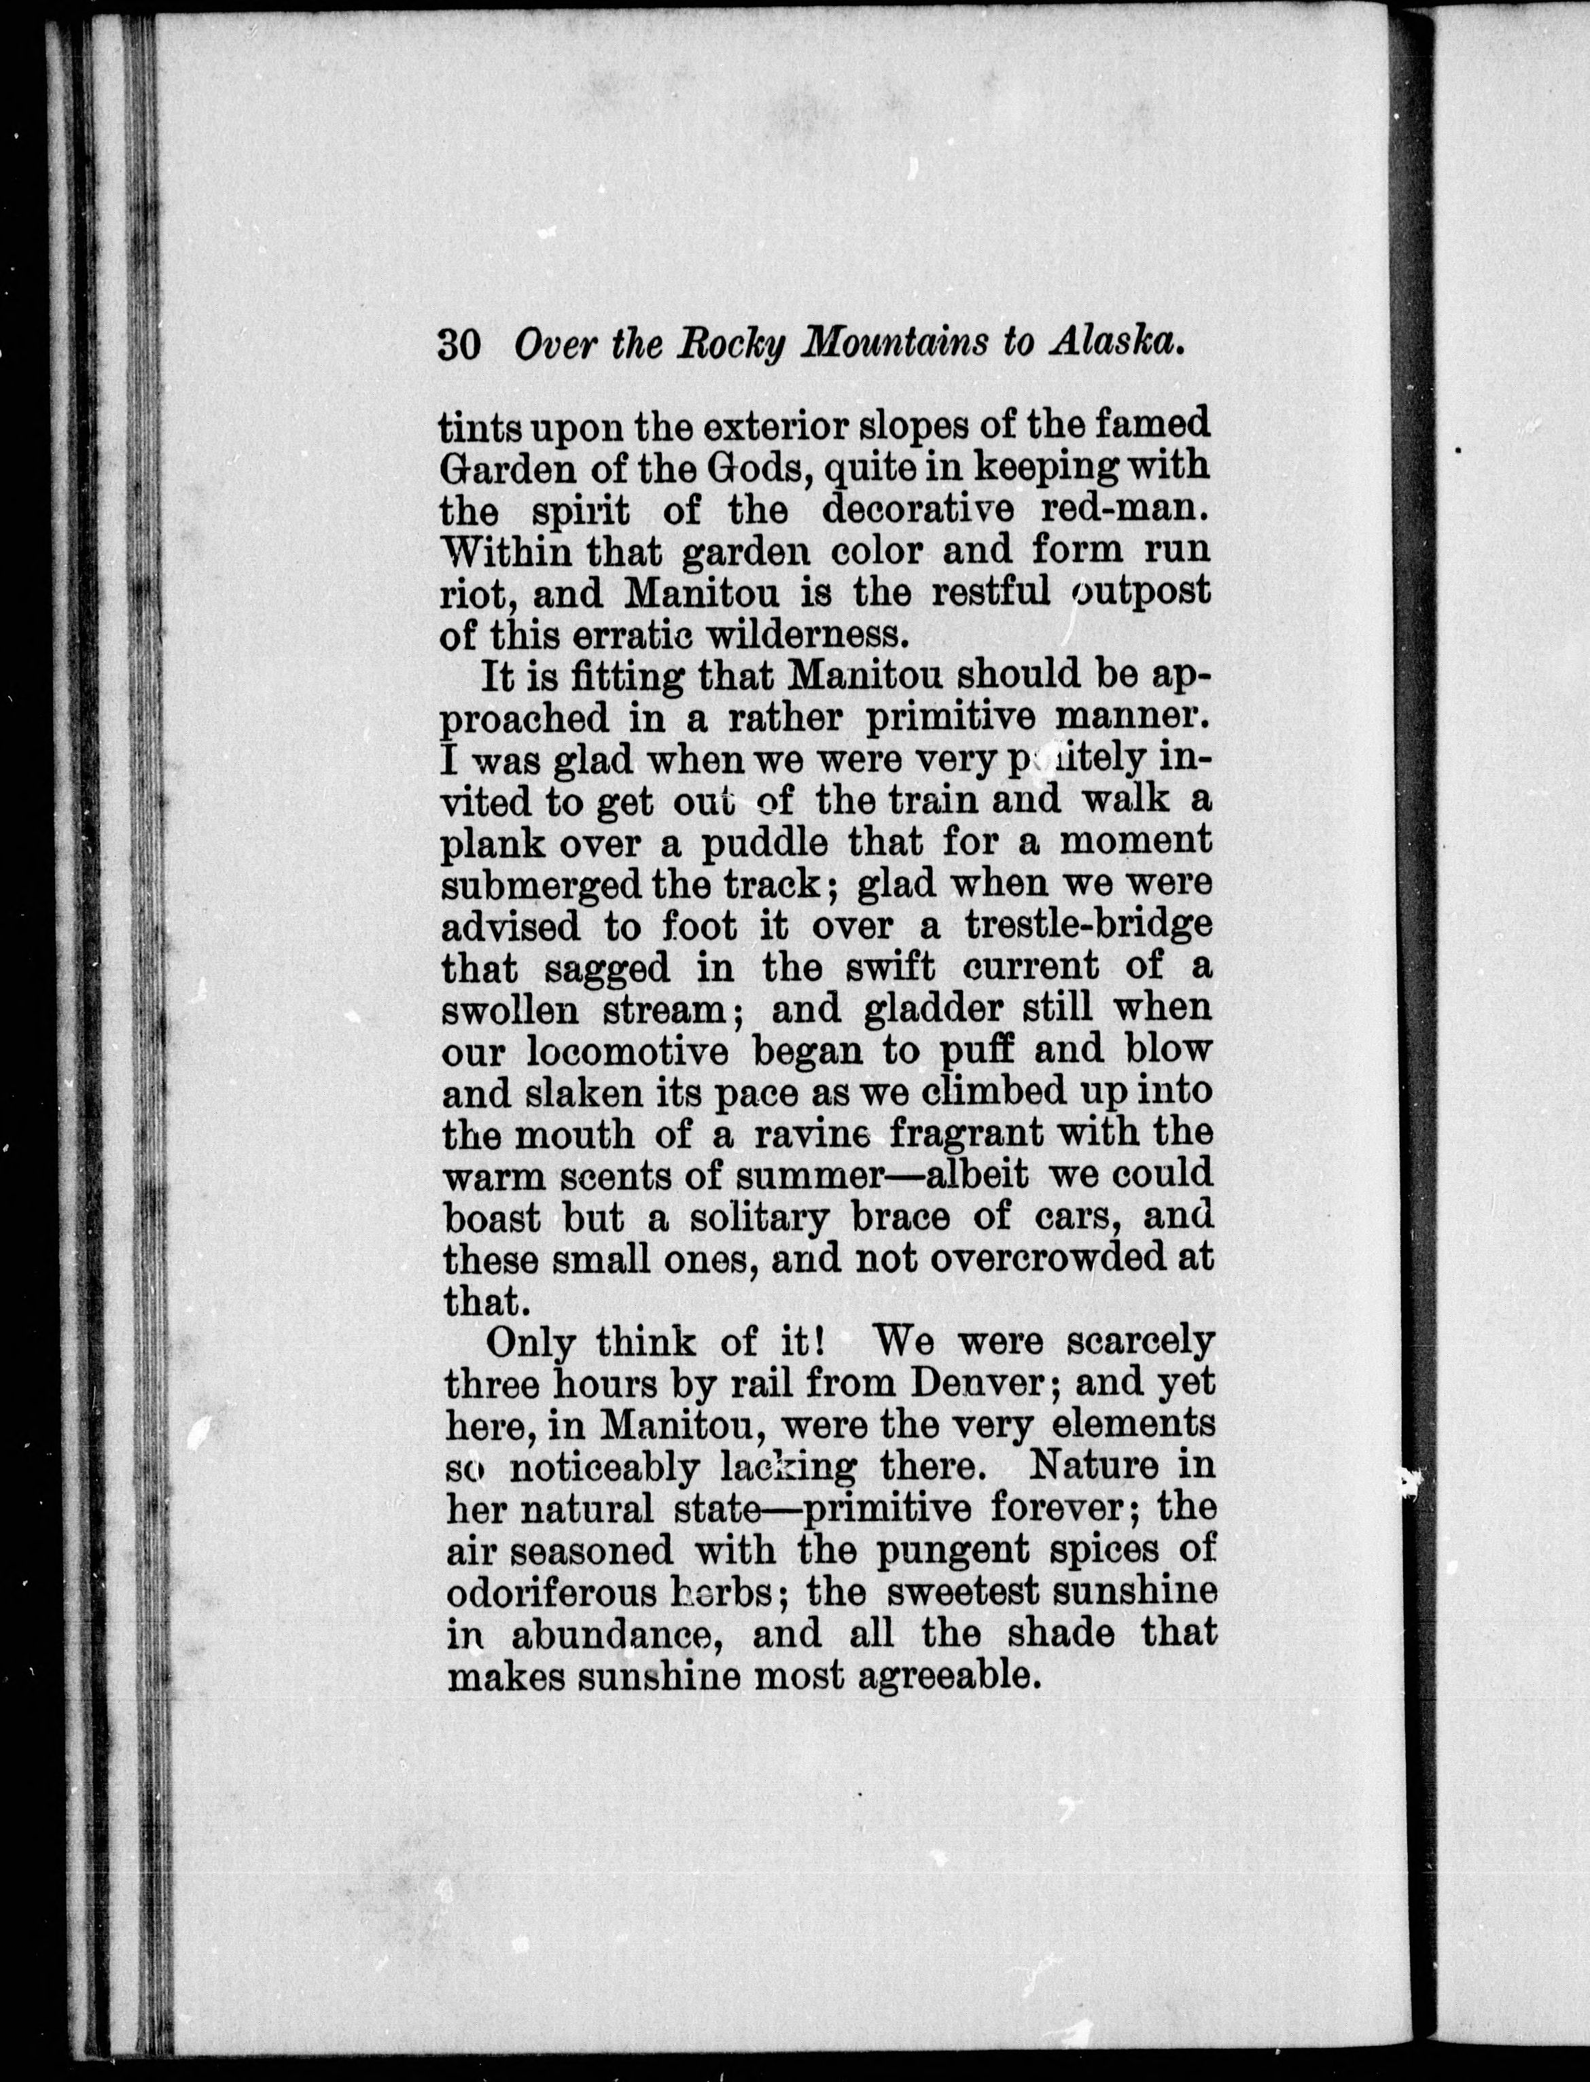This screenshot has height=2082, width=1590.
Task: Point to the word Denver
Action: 980,1383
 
